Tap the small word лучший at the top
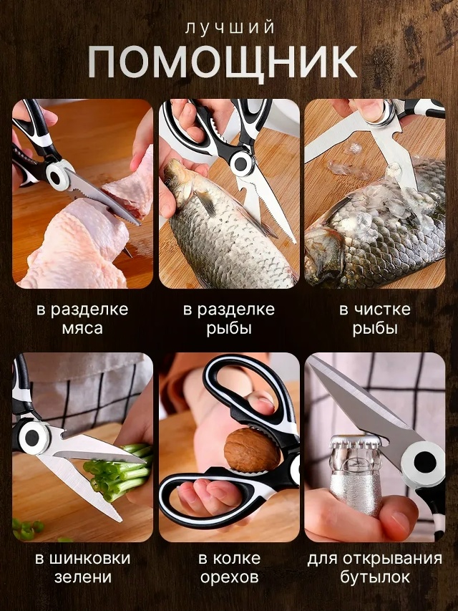coord(230,28)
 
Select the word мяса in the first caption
coord(82,328)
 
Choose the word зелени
coord(82,577)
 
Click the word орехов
coord(230,577)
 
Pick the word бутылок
coord(375,577)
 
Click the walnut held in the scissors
coord(253,450)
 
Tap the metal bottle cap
coord(356,442)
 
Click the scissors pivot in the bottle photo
coord(424,463)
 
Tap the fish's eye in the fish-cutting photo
coord(170,183)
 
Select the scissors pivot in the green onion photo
coord(32,438)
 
